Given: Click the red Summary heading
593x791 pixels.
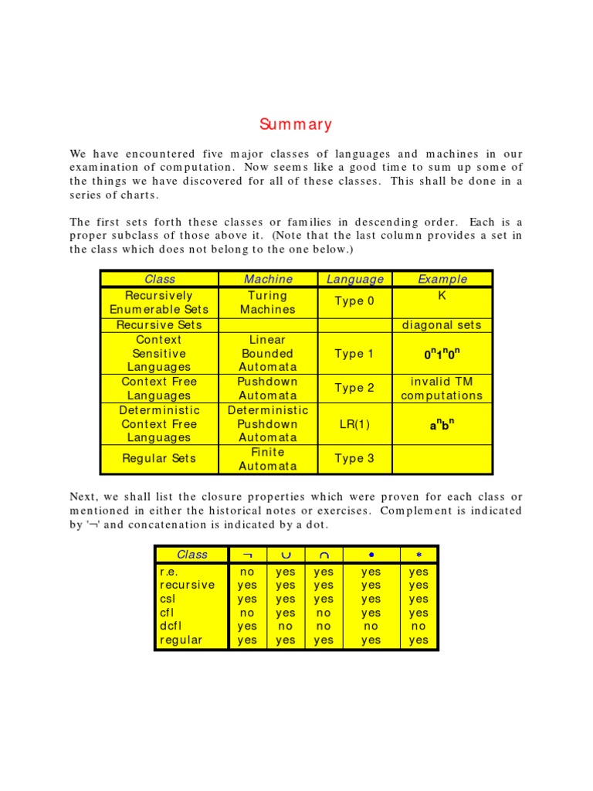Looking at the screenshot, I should click(x=296, y=124).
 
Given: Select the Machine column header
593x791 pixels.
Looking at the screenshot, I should click(x=268, y=280).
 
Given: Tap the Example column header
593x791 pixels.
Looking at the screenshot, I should click(x=442, y=280).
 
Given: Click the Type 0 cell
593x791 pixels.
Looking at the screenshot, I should click(x=354, y=301).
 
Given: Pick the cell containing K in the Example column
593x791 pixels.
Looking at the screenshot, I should click(x=442, y=296).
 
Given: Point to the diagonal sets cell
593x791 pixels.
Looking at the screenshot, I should click(x=442, y=325).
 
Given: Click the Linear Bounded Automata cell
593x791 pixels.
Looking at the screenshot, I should click(x=268, y=354).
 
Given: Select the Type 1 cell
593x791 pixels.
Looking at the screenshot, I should click(x=354, y=354).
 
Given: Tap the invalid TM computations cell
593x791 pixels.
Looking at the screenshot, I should click(x=442, y=389).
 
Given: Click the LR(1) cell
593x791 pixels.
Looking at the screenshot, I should click(x=354, y=424).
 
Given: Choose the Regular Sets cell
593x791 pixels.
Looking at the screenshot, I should click(x=159, y=459).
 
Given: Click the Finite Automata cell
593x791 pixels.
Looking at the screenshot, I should click(x=268, y=459).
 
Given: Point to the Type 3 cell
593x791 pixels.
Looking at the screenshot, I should click(x=354, y=459).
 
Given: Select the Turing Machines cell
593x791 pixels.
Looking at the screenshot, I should click(x=268, y=302).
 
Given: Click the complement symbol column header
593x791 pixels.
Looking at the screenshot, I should click(x=247, y=555).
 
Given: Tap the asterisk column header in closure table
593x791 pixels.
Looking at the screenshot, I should click(x=418, y=555).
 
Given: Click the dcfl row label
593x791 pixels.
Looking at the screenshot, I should click(x=171, y=626).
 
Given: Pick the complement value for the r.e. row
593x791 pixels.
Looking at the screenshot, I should click(x=247, y=572).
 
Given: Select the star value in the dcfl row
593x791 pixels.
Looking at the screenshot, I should click(x=418, y=626).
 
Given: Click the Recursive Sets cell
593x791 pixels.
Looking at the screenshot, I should click(x=159, y=325).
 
